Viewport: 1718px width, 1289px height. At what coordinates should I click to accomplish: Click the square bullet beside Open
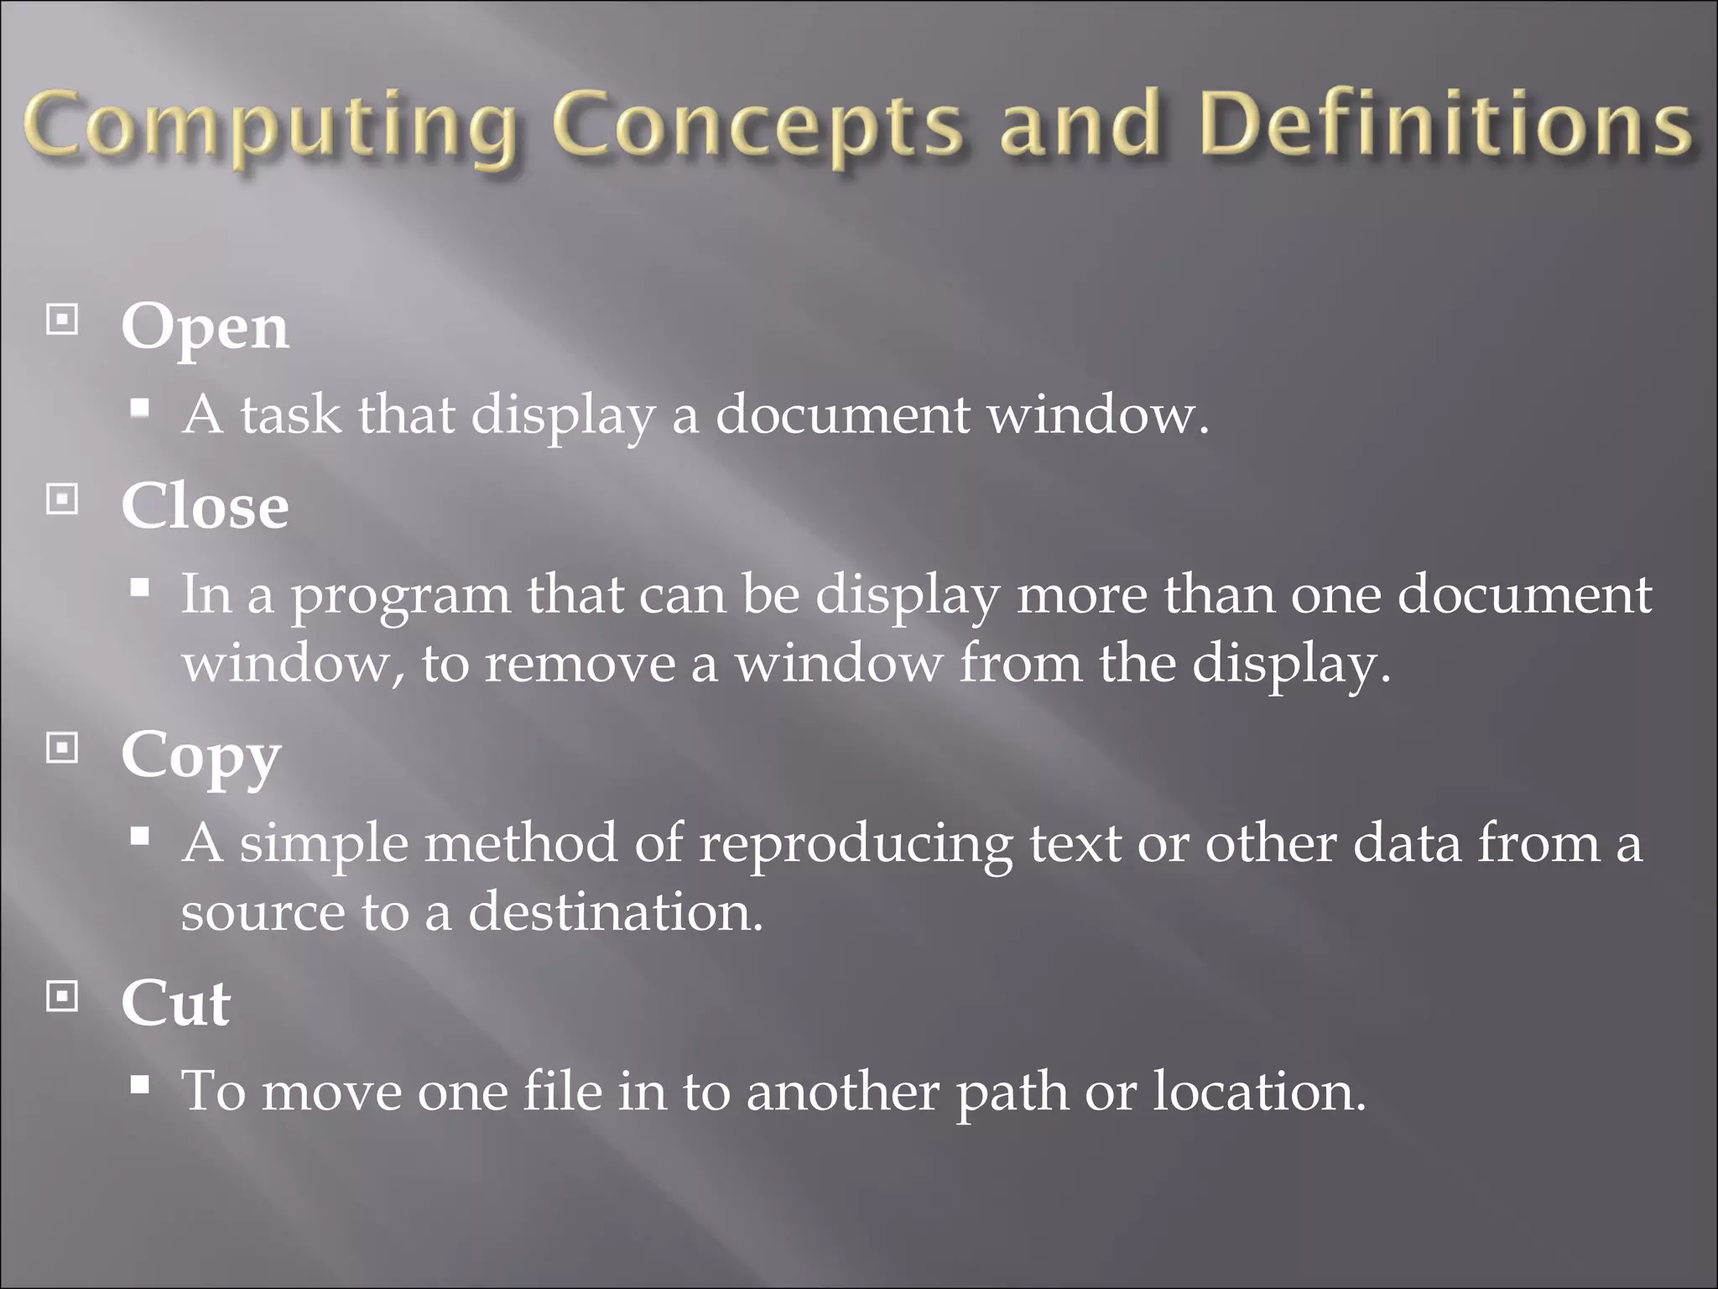click(x=62, y=320)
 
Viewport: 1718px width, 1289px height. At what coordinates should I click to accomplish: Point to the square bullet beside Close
click(x=62, y=499)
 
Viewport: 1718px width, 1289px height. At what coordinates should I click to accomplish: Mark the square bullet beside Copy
click(x=62, y=748)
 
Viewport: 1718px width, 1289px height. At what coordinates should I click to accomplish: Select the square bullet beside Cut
click(x=62, y=996)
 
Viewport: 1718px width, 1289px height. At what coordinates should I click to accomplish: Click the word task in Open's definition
click(x=291, y=415)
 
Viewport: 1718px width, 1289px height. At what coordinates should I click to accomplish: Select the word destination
click(x=615, y=912)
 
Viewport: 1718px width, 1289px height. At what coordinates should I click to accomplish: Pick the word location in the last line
click(x=1259, y=1092)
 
